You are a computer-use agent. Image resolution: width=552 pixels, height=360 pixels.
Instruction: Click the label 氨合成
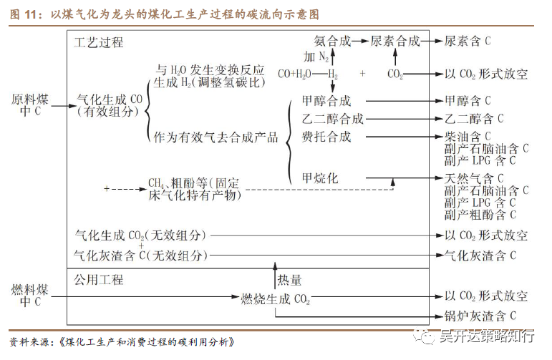pos(333,41)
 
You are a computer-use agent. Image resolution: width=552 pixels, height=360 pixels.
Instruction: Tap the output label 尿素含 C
pos(468,42)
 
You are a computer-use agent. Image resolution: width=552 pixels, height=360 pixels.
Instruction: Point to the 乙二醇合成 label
pos(333,119)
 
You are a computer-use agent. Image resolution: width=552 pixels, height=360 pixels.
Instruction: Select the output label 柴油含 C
pos(468,136)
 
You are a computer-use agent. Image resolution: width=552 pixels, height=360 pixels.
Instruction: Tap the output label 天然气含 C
pos(473,178)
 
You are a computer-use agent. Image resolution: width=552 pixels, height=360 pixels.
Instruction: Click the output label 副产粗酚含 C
pos(480,214)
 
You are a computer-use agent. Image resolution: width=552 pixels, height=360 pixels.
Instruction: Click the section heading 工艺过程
pos(99,42)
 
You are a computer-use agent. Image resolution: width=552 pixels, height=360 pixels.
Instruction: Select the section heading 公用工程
pos(99,279)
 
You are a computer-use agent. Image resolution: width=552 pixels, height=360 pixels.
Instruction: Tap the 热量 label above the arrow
pos(289,281)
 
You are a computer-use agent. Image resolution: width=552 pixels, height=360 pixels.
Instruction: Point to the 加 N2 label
pos(316,57)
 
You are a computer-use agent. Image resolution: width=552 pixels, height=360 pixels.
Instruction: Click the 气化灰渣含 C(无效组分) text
pos(141,255)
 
